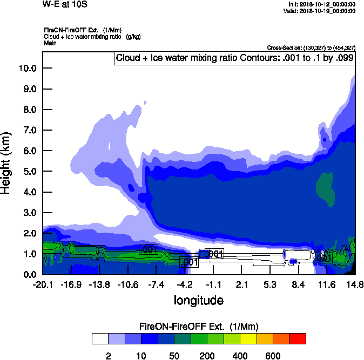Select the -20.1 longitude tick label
[x=42, y=284]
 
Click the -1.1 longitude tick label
[x=214, y=284]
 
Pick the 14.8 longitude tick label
[x=355, y=284]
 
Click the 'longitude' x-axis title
[x=198, y=300]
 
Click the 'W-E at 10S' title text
[x=63, y=4]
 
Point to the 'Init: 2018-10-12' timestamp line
[x=322, y=4]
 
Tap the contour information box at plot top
[x=235, y=58]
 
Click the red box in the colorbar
[x=298, y=339]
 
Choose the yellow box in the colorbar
[x=248, y=339]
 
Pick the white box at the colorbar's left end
[x=99, y=339]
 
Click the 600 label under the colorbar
[x=273, y=356]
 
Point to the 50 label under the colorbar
[x=174, y=356]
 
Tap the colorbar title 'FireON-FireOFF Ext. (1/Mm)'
[x=199, y=327]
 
